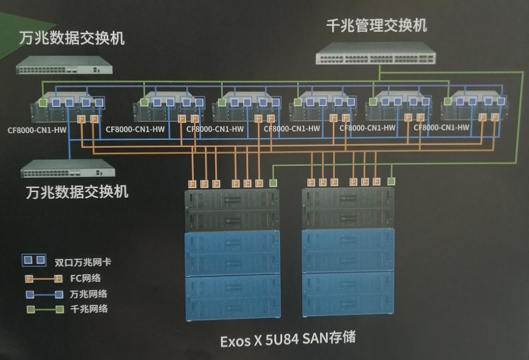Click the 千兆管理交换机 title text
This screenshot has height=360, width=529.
tap(377, 25)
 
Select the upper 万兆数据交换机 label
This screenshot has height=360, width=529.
tap(72, 38)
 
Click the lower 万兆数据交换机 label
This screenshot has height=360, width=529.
tap(77, 192)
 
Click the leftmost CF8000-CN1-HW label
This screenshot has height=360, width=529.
tap(37, 130)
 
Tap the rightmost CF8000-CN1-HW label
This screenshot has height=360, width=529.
tap(442, 127)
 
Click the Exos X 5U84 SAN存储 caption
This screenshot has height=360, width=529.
tap(288, 339)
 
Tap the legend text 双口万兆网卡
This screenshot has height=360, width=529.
tap(83, 262)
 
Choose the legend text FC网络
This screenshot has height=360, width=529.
tap(85, 278)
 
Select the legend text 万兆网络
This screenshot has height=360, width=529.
tap(88, 294)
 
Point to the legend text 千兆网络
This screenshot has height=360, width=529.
tap(88, 309)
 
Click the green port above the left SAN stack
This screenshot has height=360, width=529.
tap(273, 183)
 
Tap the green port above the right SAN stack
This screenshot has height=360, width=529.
tap(392, 181)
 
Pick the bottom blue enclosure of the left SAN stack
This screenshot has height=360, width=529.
tap(232, 298)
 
